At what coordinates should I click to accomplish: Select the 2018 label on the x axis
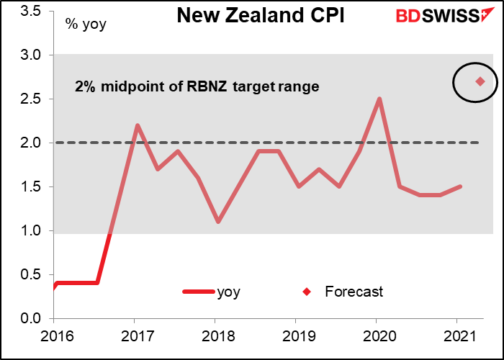[x=215, y=336]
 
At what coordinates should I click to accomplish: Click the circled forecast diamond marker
[x=480, y=81]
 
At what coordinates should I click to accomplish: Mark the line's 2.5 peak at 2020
[x=379, y=99]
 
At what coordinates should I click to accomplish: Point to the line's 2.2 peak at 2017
[x=138, y=125]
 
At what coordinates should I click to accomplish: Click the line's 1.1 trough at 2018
[x=217, y=222]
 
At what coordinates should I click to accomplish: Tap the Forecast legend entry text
[x=354, y=292]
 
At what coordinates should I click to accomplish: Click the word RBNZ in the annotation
[x=229, y=86]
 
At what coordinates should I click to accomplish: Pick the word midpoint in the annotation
[x=125, y=86]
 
